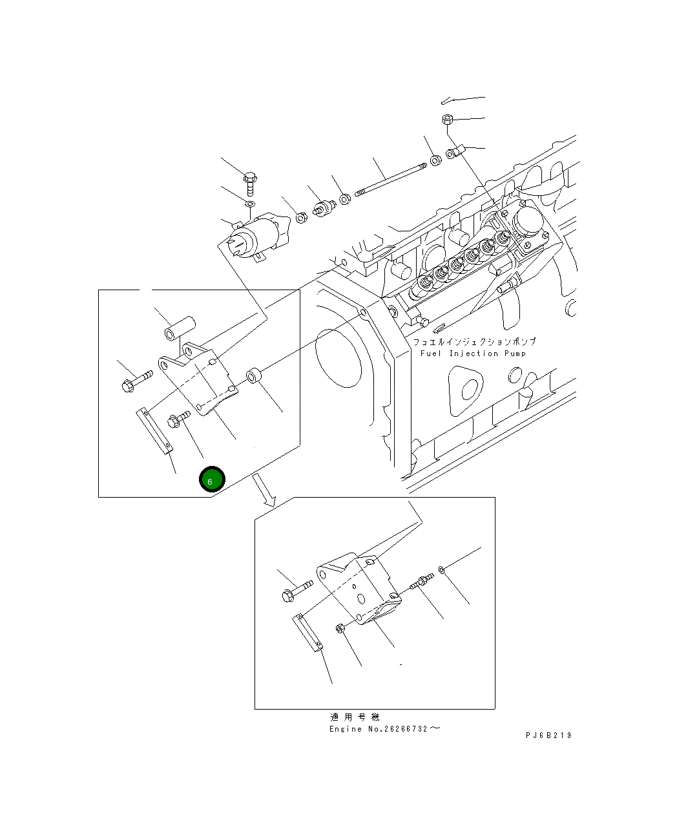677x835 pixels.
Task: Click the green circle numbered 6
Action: pos(212,480)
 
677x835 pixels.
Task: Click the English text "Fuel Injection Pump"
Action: pos(472,354)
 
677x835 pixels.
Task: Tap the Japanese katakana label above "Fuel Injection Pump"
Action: pos(474,341)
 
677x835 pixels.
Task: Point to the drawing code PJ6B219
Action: pos(548,735)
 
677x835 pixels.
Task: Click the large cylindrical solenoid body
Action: pos(258,236)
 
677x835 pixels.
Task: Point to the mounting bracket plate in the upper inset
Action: pos(200,381)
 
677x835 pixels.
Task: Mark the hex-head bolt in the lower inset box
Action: pos(297,591)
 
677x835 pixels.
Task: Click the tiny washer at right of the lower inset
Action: pos(441,569)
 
